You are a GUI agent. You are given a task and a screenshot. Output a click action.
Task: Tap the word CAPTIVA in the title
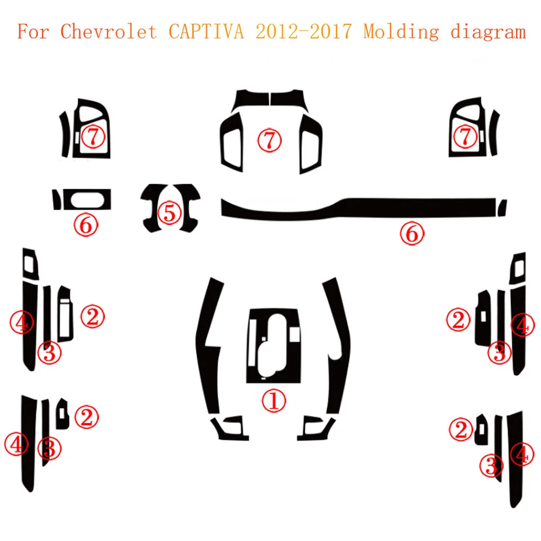click(x=207, y=31)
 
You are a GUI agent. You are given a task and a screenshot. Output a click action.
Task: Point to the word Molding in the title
click(x=401, y=32)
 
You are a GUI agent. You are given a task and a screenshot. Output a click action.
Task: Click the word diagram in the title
click(x=488, y=32)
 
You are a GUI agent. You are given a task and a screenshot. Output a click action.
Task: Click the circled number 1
click(x=273, y=401)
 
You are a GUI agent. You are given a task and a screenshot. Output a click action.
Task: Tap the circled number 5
click(x=170, y=212)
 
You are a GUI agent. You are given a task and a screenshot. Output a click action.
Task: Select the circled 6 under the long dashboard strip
click(x=412, y=233)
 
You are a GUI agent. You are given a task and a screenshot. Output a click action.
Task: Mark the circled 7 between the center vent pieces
click(x=269, y=139)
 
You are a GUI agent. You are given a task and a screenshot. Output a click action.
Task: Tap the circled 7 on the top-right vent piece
click(x=465, y=136)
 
